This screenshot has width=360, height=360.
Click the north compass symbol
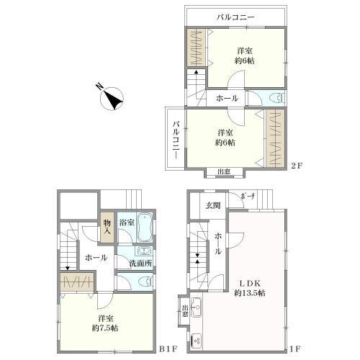[x=112, y=99]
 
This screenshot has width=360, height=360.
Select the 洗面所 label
[x=140, y=264]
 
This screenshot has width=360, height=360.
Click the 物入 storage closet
[x=107, y=227]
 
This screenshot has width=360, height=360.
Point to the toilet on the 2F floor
[x=277, y=99]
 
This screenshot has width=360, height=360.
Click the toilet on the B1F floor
[x=145, y=282]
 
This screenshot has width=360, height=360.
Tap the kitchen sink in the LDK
[x=197, y=307]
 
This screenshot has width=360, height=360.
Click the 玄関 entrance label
[x=213, y=205]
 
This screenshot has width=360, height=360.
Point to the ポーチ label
[x=248, y=197]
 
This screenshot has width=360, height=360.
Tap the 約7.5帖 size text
[x=105, y=328]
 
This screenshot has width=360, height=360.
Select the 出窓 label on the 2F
[x=224, y=171]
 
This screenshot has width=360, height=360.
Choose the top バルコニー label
[x=235, y=17]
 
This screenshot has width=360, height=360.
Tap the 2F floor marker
[x=296, y=166]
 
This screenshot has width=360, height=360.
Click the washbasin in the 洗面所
[x=144, y=251]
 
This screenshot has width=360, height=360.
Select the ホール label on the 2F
[x=227, y=98]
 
